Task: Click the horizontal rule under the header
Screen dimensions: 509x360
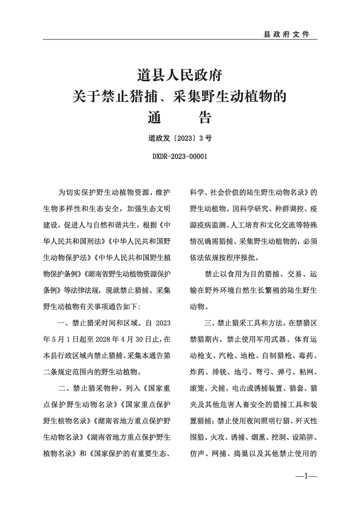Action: (x=180, y=39)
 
